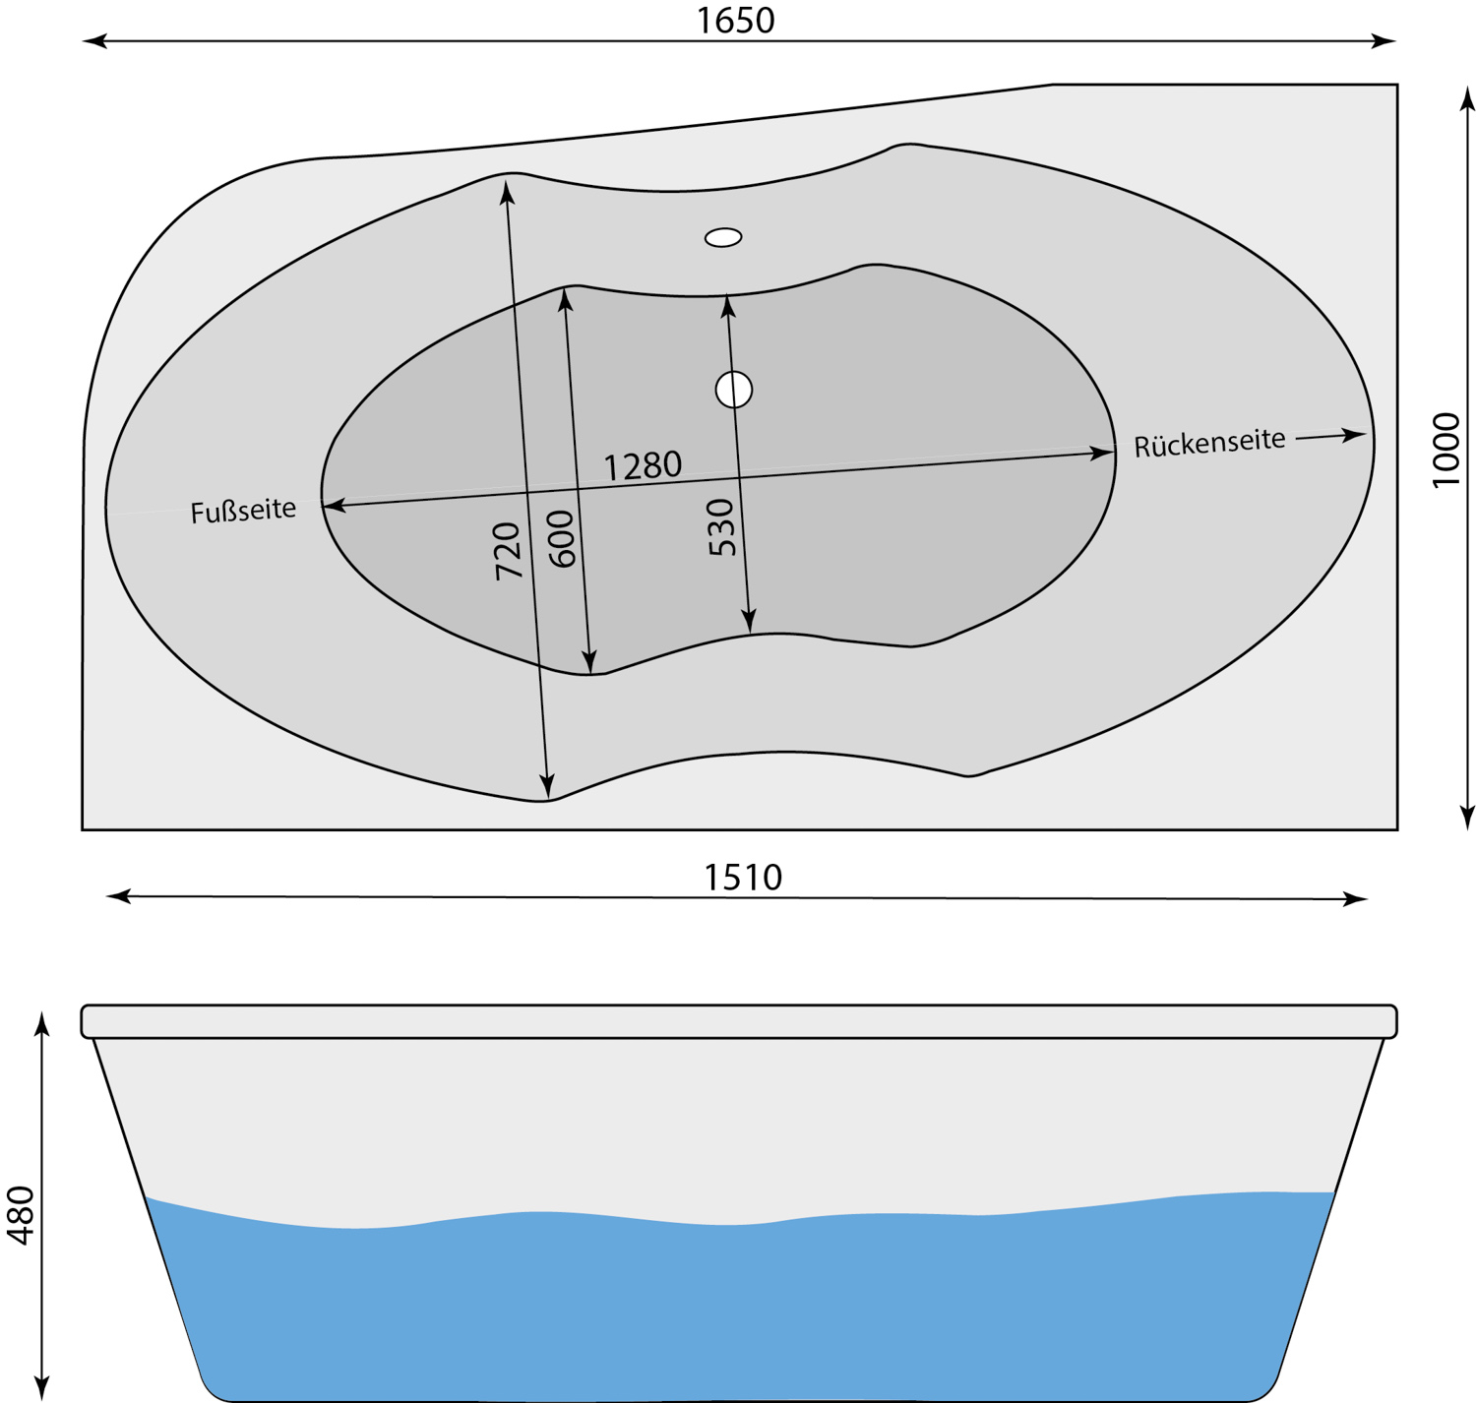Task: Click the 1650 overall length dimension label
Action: (735, 21)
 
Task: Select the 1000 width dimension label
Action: (1445, 450)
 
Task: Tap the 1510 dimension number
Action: (743, 877)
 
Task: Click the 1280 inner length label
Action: (643, 465)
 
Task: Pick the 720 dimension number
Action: (508, 551)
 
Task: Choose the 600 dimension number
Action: (562, 539)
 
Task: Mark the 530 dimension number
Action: (720, 527)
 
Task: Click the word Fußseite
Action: (243, 511)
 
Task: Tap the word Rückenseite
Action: (1209, 442)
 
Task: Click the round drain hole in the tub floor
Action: (733, 390)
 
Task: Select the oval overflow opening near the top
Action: (723, 237)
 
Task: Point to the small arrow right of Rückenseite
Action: (1331, 436)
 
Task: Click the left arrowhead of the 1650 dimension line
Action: (94, 40)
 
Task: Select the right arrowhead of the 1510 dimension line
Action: (1355, 898)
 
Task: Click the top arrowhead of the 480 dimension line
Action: (42, 1024)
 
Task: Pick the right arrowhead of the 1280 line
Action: (1101, 452)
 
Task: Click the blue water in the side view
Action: (740, 1307)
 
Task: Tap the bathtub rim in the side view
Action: (739, 1021)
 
